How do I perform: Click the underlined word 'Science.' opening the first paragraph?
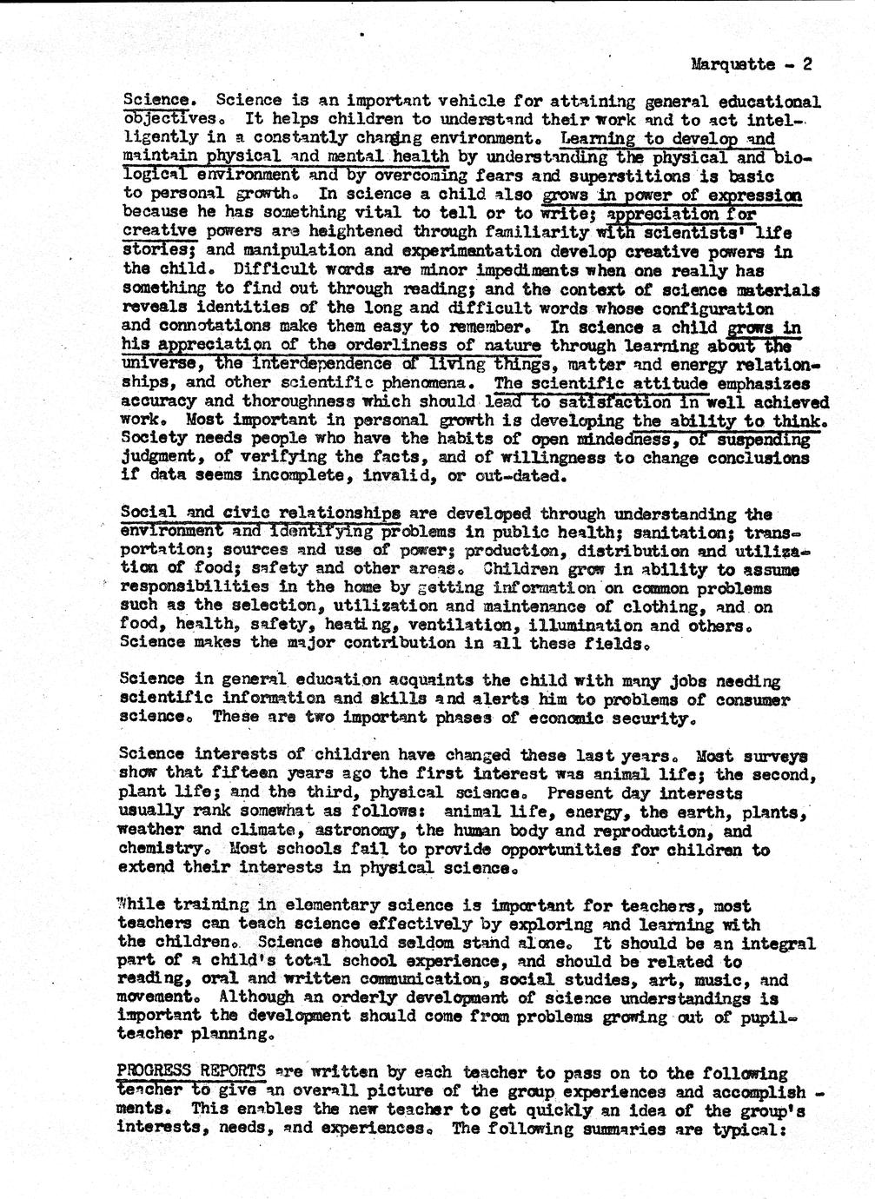(158, 101)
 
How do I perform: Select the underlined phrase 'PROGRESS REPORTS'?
(191, 1072)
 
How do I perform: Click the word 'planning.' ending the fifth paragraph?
(235, 1035)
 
